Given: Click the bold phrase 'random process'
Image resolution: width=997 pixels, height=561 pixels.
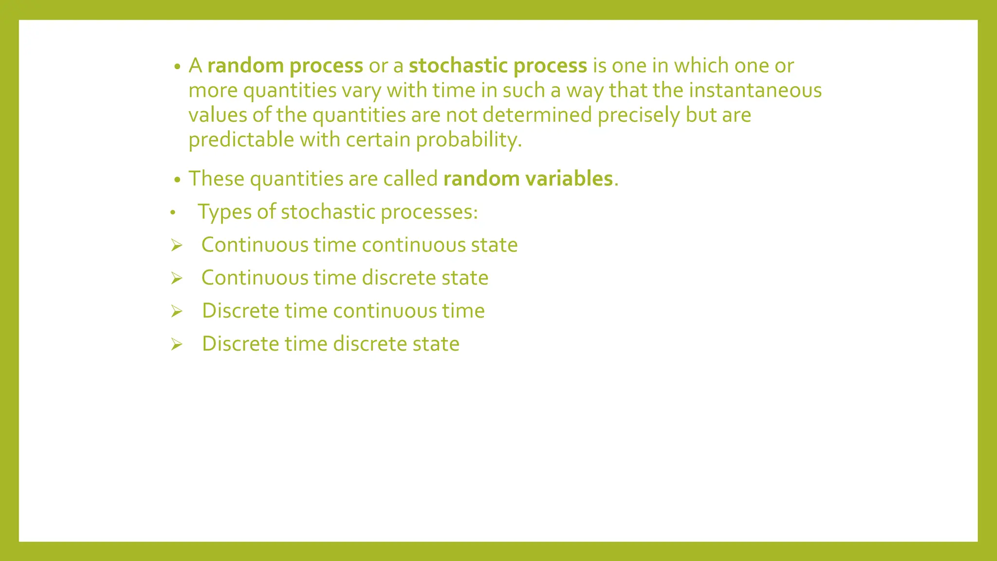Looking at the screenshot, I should click(285, 66).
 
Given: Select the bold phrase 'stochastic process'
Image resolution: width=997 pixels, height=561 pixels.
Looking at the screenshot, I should click(498, 66).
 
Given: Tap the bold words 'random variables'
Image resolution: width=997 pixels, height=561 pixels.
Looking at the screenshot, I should click(528, 179).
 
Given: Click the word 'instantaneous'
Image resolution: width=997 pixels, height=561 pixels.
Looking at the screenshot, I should click(755, 91).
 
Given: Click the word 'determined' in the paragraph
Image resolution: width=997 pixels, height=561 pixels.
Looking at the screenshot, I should click(537, 115).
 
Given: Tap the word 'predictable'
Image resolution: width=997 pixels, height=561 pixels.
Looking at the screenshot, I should click(241, 140).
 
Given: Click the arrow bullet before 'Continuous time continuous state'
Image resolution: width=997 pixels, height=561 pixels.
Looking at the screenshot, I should click(177, 245).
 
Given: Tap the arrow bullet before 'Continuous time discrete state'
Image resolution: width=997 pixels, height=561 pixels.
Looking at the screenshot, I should click(177, 279).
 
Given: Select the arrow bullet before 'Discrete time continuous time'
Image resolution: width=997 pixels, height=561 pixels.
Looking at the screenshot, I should click(177, 311).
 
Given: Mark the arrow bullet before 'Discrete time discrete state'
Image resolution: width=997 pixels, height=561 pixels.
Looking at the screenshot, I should click(177, 345).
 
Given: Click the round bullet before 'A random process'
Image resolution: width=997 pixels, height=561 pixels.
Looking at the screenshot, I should click(178, 67).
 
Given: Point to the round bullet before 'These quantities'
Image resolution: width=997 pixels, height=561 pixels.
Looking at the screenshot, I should click(178, 180).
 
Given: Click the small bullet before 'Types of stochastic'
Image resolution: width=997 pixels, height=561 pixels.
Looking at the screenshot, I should click(172, 213).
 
